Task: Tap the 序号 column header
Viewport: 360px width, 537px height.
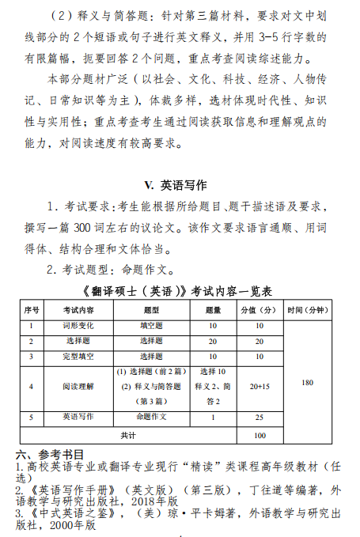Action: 32,309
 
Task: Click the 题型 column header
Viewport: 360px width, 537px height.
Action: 151,309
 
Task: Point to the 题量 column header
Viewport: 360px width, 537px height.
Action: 213,309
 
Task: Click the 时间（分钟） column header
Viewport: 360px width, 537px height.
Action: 307,309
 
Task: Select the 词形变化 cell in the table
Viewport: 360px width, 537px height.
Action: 78,325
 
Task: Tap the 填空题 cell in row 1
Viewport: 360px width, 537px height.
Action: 151,325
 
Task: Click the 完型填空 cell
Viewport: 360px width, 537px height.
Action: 78,357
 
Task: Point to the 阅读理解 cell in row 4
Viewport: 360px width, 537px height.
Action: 78,387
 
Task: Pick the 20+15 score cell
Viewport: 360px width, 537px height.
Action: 259,387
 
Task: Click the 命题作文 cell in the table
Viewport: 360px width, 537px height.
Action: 151,417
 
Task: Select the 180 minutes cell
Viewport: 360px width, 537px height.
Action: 307,383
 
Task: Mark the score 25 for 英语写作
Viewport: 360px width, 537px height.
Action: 259,417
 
